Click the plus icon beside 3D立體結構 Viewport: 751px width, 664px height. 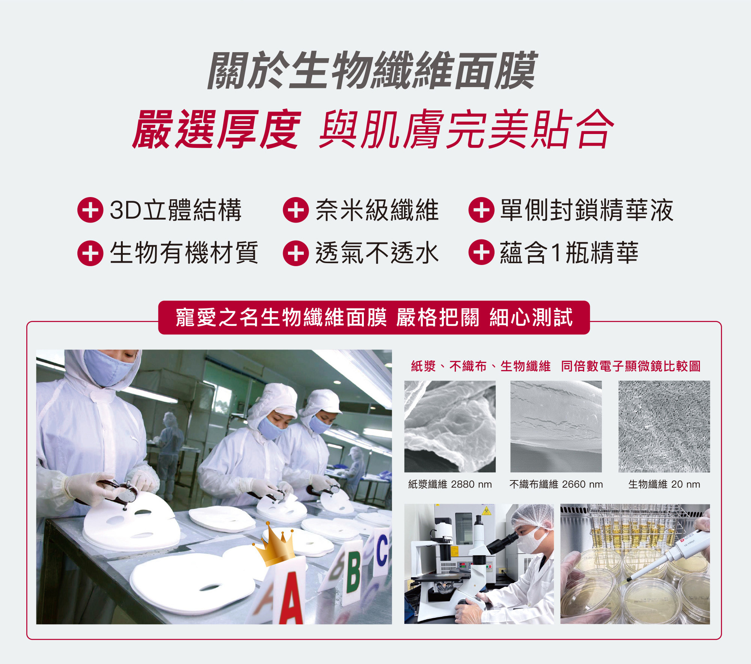pyautogui.click(x=90, y=210)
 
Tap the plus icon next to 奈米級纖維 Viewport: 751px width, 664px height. pyautogui.click(x=296, y=210)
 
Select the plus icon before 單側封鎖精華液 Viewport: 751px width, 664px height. pyautogui.click(x=481, y=210)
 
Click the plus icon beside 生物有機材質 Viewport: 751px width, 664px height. pyautogui.click(x=90, y=253)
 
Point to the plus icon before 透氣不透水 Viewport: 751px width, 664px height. pyautogui.click(x=296, y=253)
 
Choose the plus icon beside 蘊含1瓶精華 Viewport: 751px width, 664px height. pyautogui.click(x=481, y=252)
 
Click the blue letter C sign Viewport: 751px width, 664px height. pyautogui.click(x=382, y=552)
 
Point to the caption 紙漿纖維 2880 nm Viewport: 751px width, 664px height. pyautogui.click(x=450, y=485)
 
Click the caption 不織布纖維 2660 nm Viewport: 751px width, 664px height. pyautogui.click(x=556, y=485)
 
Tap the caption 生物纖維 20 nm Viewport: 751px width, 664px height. pyautogui.click(x=664, y=485)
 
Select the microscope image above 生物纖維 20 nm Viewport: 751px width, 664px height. pyautogui.click(x=664, y=426)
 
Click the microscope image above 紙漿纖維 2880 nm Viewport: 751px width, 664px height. pyautogui.click(x=450, y=426)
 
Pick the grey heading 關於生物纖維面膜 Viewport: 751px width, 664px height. pyautogui.click(x=372, y=71)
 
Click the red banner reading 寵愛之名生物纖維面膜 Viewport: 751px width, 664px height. pyautogui.click(x=374, y=318)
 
